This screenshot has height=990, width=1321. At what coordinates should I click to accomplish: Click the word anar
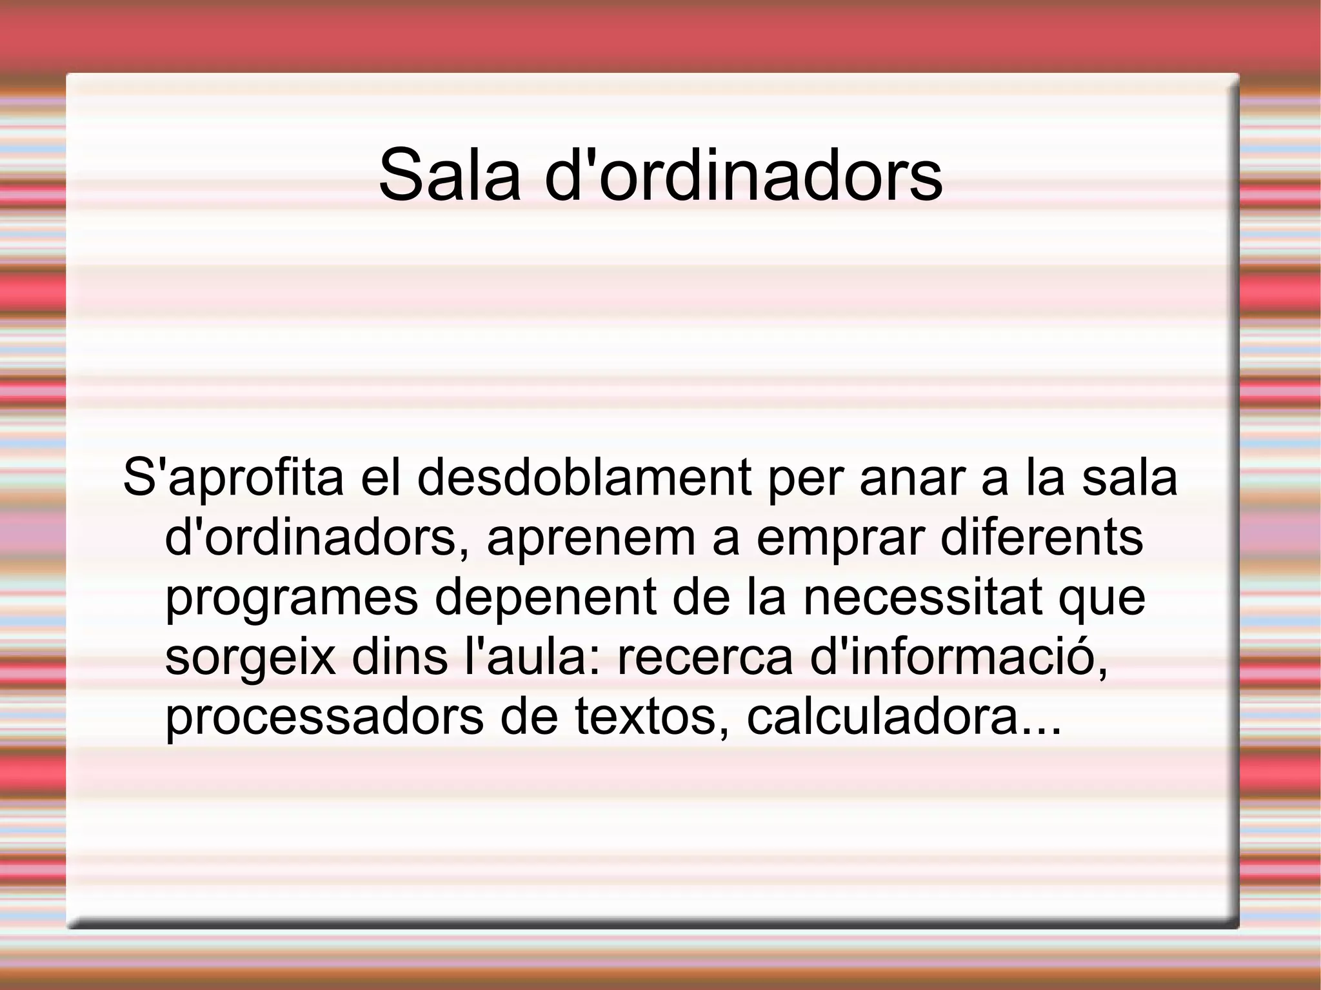912,478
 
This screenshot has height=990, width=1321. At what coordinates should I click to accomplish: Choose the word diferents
1042,537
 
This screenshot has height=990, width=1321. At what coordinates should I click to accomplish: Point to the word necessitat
922,597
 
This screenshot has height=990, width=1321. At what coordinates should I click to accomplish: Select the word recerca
704,657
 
